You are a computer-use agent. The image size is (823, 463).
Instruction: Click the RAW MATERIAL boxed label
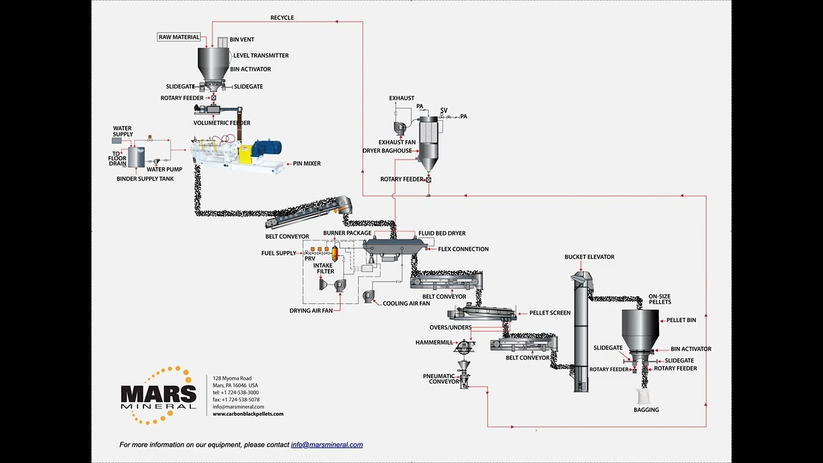point(179,37)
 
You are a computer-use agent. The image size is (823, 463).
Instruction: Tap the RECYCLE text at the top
point(282,18)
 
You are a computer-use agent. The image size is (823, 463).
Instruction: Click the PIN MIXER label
point(307,164)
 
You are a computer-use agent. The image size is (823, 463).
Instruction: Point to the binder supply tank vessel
point(136,157)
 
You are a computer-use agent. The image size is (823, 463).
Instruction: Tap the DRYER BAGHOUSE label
point(387,151)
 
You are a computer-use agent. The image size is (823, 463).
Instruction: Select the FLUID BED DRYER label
point(442,233)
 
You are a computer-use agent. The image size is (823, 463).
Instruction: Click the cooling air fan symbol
point(368,296)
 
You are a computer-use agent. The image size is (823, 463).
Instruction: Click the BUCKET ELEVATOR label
point(589,257)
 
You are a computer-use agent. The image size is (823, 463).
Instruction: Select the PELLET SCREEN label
point(550,313)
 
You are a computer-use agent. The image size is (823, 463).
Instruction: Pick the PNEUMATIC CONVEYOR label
point(441,379)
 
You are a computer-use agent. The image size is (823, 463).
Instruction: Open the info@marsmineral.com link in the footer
point(327,445)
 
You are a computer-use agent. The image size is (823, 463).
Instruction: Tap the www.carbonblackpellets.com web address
point(248,414)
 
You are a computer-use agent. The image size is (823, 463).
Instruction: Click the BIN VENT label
point(242,40)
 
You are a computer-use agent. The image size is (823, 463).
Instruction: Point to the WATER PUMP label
point(164,170)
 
